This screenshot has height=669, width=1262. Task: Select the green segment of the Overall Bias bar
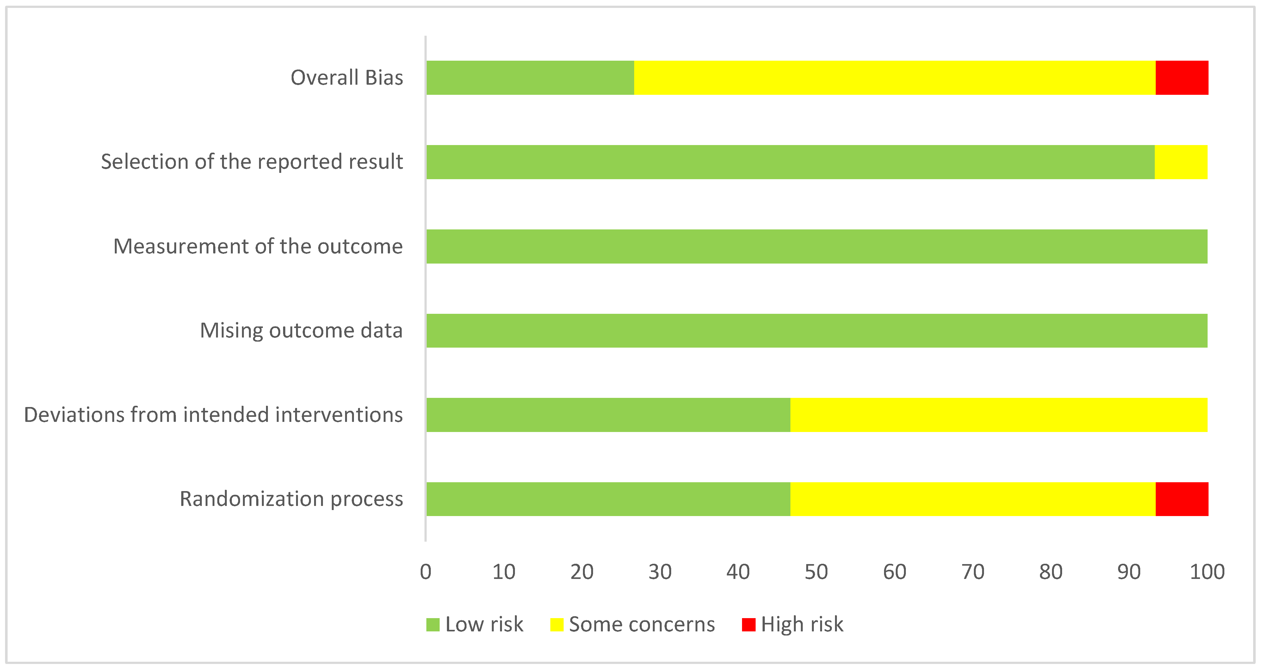tap(530, 78)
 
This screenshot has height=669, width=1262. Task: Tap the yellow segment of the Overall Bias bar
tap(894, 78)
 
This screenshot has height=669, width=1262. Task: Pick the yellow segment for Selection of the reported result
tap(1181, 162)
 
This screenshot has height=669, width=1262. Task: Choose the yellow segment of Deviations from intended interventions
tap(999, 415)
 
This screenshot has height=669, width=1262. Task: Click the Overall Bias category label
tap(347, 78)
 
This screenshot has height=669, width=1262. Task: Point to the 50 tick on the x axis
tap(816, 572)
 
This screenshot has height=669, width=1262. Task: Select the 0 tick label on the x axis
tap(426, 572)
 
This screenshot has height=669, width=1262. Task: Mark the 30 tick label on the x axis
tap(660, 572)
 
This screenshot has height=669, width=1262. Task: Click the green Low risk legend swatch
tap(433, 624)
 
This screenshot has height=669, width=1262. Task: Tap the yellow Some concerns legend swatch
tap(557, 624)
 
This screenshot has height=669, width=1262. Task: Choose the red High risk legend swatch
tap(748, 624)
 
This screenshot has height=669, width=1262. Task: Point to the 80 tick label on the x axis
tap(1051, 572)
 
